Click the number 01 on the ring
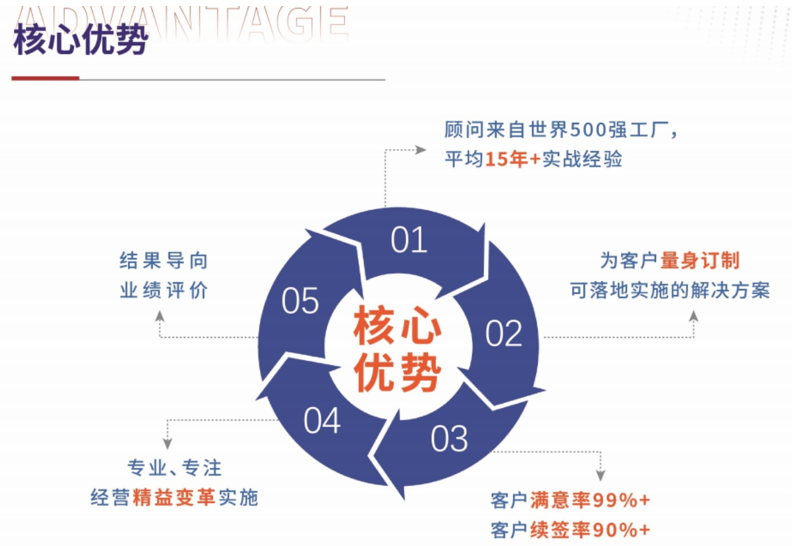point(409,240)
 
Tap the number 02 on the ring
point(503,333)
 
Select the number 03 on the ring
point(449,439)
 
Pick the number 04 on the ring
point(322,421)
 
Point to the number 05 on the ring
point(300,301)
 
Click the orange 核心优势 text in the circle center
point(398,348)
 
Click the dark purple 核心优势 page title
point(81,39)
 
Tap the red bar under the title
point(45,78)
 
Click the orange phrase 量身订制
point(700,260)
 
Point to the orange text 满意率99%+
point(590,500)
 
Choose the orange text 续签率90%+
point(590,530)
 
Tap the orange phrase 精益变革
point(174,497)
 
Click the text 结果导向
point(164,260)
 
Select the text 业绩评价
point(164,290)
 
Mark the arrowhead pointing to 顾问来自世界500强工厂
point(421,150)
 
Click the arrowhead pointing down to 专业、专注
point(167,444)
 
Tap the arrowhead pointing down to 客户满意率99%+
point(600,475)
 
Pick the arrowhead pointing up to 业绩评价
point(159,316)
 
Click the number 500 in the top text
point(588,129)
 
